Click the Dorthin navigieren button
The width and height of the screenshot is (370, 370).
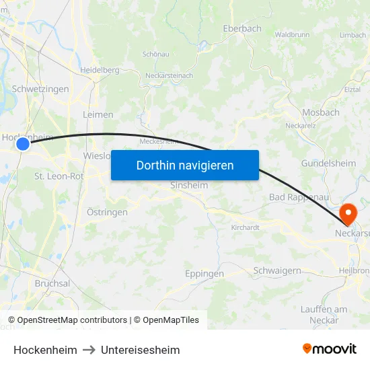[185, 165]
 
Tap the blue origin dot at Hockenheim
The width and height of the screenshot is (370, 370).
[23, 143]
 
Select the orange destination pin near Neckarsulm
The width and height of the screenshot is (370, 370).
[348, 214]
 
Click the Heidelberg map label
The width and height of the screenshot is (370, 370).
[100, 70]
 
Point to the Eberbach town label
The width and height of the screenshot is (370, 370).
[242, 29]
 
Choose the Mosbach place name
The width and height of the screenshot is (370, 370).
[321, 112]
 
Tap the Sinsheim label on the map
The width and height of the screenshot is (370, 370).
[189, 185]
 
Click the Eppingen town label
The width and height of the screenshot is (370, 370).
[204, 274]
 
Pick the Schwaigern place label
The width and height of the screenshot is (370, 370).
[277, 270]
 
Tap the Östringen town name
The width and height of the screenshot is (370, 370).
[107, 212]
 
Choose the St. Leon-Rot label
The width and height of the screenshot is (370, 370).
[59, 176]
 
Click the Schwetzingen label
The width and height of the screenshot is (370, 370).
[40, 89]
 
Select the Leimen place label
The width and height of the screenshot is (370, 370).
[98, 114]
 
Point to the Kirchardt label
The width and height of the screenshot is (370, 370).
[245, 227]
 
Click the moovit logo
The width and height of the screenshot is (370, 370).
[330, 348]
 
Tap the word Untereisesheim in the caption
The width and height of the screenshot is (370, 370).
[141, 350]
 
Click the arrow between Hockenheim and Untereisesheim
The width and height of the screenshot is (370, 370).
[89, 350]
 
